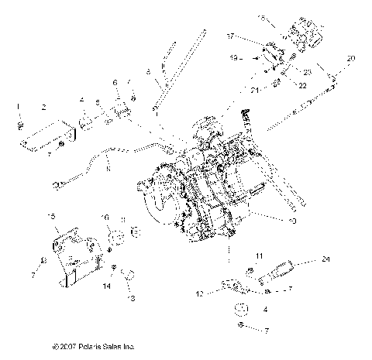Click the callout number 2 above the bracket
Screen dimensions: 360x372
[x=43, y=107]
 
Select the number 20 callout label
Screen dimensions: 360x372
[x=351, y=58]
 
